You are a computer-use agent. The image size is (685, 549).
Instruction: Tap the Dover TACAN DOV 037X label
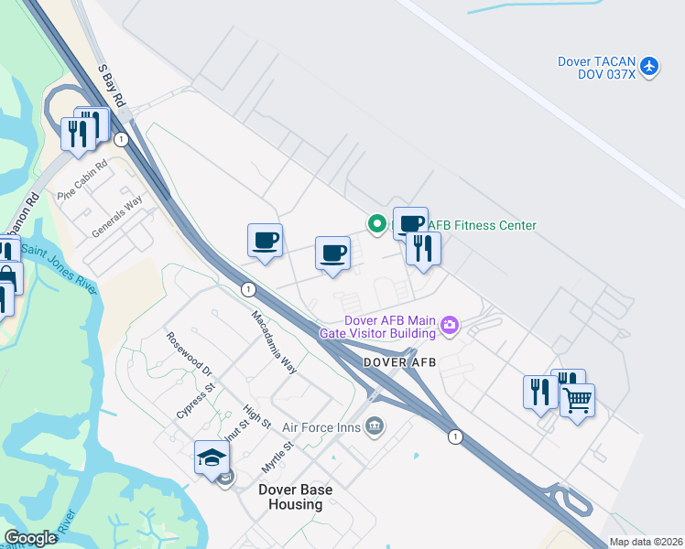click(x=596, y=68)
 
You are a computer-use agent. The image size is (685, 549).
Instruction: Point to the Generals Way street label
click(x=117, y=216)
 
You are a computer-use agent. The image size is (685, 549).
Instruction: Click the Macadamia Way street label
click(x=275, y=340)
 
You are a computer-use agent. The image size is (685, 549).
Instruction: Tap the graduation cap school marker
click(x=212, y=457)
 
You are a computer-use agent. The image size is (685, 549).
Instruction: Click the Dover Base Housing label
click(x=295, y=497)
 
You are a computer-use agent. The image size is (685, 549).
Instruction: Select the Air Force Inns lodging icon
click(x=375, y=425)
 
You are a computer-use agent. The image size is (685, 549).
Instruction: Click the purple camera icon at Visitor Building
click(x=450, y=324)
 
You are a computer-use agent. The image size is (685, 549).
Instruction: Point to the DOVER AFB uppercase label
click(x=399, y=362)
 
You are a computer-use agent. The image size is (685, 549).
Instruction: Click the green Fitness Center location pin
click(x=375, y=223)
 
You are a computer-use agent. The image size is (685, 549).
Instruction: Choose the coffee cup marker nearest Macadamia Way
click(x=265, y=241)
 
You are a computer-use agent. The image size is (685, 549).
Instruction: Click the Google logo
click(x=30, y=537)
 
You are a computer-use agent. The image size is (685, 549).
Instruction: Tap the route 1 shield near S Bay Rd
click(x=121, y=139)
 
